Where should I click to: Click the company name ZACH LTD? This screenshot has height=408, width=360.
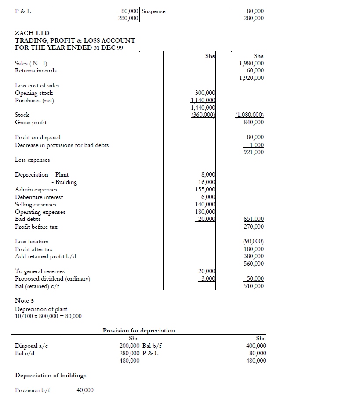(32, 33)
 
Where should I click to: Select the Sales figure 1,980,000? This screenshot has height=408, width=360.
(251, 63)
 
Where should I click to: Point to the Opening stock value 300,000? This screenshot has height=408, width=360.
(205, 93)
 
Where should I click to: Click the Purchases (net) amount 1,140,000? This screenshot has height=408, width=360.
(203, 100)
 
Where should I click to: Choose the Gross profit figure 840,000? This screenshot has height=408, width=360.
(254, 122)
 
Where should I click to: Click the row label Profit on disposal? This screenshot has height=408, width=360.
(38, 137)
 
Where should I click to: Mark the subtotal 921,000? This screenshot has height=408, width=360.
(254, 152)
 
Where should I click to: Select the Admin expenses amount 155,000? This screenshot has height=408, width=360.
(205, 189)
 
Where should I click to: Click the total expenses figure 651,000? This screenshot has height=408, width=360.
(254, 219)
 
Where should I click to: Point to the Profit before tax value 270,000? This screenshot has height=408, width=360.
(254, 227)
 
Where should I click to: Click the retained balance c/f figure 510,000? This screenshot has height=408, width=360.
(254, 286)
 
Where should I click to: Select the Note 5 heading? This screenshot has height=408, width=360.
(24, 300)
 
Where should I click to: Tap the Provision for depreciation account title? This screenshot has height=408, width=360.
(138, 330)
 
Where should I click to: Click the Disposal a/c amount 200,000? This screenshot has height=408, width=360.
(130, 346)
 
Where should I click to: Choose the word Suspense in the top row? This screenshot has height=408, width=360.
(154, 11)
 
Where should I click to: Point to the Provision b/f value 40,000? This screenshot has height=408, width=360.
(85, 390)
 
